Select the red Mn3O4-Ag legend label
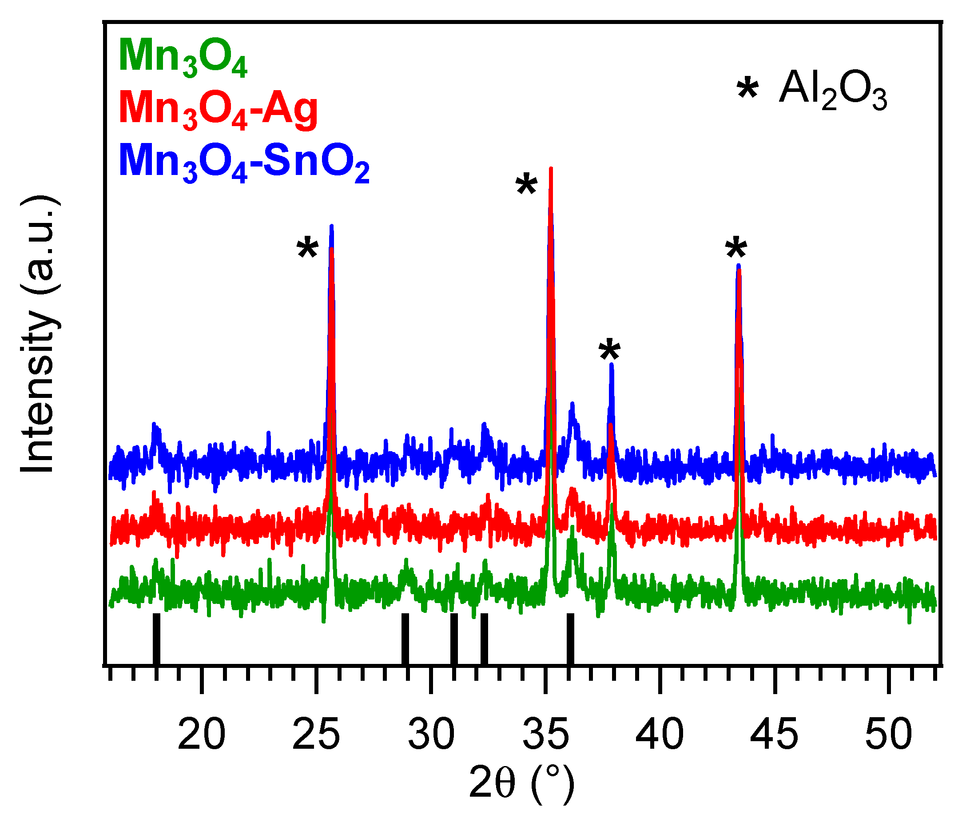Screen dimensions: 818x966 click(218, 109)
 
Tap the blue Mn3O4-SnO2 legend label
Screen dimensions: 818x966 click(244, 162)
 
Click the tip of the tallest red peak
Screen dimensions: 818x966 click(550, 169)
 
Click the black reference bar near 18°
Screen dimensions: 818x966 click(156, 639)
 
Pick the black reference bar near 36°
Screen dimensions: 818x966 click(570, 639)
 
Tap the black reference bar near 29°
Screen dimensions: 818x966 click(405, 639)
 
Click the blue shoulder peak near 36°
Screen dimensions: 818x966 click(572, 406)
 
